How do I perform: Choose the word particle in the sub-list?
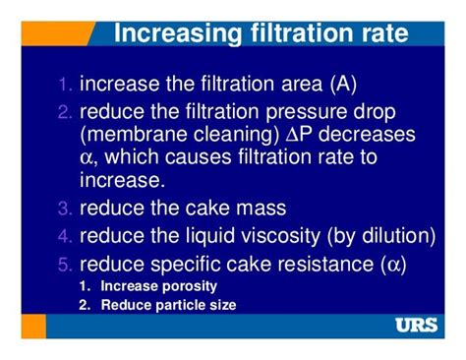184,305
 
